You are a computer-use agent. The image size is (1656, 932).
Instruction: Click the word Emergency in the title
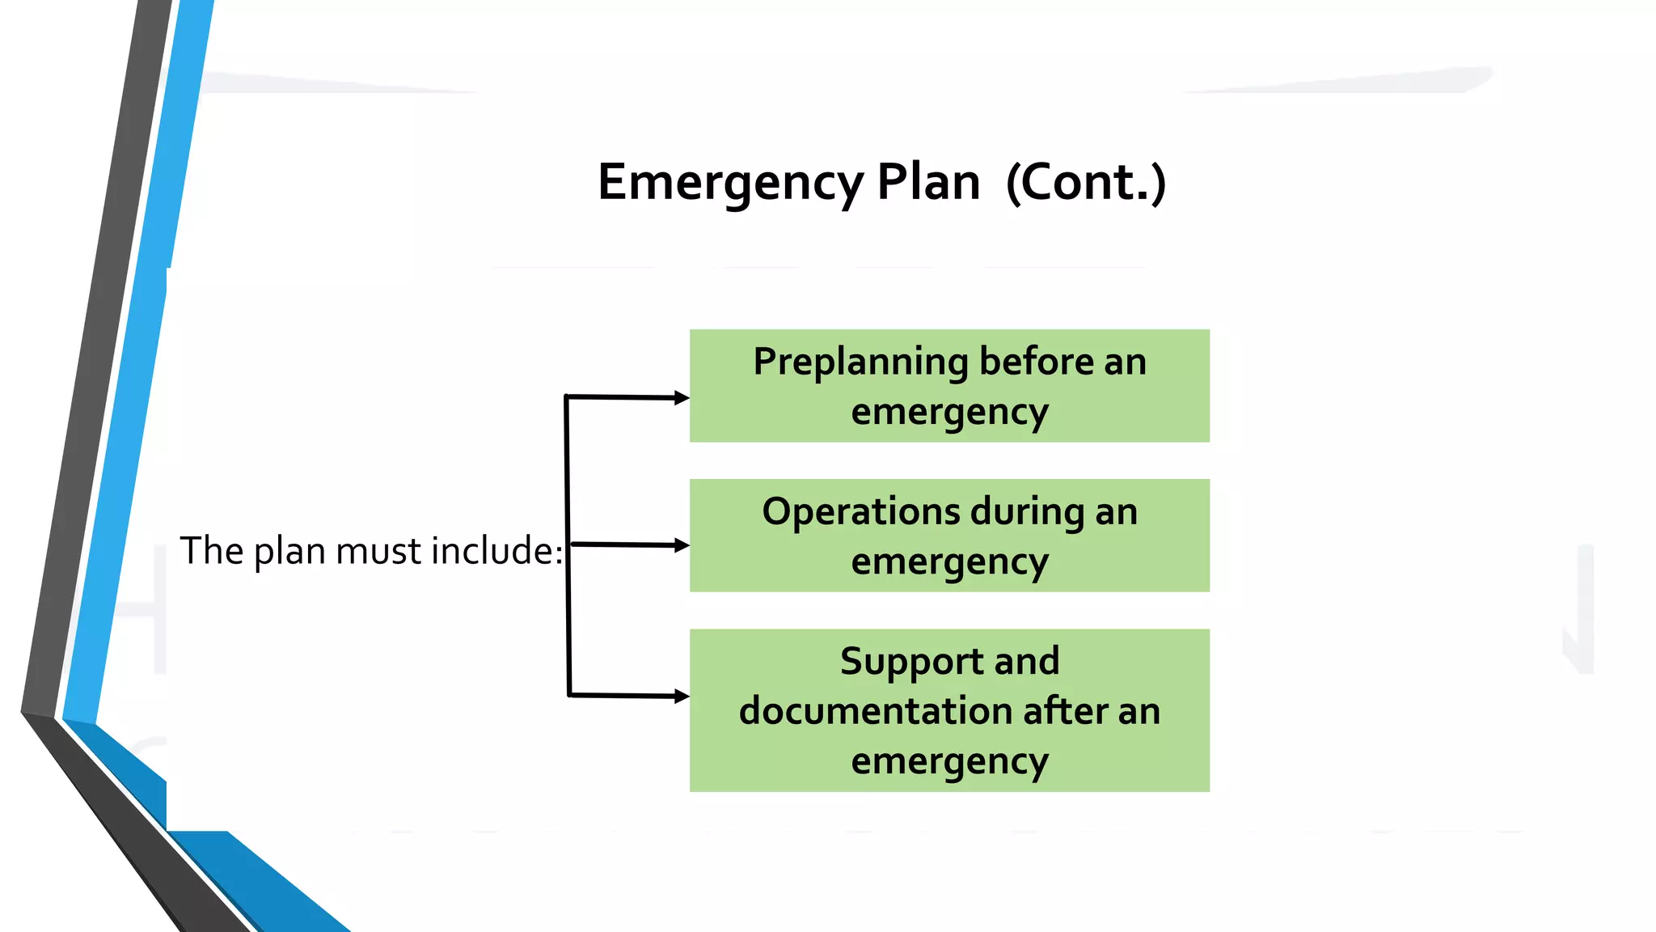click(x=730, y=183)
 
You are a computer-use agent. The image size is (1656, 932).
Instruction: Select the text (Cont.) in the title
click(x=1086, y=183)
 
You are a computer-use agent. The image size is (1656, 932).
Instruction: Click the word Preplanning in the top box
click(x=860, y=362)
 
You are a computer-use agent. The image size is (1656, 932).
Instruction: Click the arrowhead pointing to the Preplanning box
click(x=682, y=398)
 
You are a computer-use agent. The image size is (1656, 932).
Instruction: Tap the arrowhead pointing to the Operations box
click(x=682, y=546)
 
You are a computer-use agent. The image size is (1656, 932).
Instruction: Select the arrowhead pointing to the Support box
click(x=682, y=697)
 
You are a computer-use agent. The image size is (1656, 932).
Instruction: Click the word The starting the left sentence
click(x=211, y=551)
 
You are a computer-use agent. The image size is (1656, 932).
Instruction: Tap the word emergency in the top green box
click(x=949, y=413)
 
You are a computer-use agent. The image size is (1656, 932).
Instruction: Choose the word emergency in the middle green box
click(x=949, y=563)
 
